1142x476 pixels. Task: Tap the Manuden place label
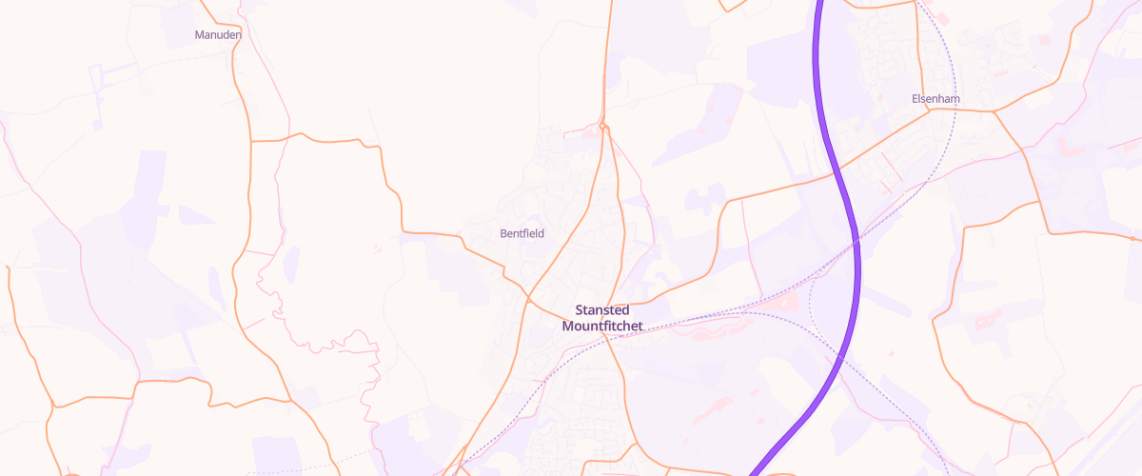tap(218, 34)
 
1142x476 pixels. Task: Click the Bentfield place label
tap(522, 233)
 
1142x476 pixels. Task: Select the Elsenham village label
tap(935, 99)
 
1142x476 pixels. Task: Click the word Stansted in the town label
tap(602, 310)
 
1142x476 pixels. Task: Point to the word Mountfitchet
tap(602, 326)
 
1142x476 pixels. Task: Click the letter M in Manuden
tap(198, 34)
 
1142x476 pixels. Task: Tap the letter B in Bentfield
tap(503, 233)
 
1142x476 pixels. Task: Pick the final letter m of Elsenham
tap(955, 99)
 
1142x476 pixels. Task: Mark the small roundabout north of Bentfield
tap(603, 127)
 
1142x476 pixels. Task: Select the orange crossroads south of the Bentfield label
tap(529, 299)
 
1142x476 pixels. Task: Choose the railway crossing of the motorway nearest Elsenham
tap(856, 242)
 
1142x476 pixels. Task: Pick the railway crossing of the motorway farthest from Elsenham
tap(841, 356)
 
